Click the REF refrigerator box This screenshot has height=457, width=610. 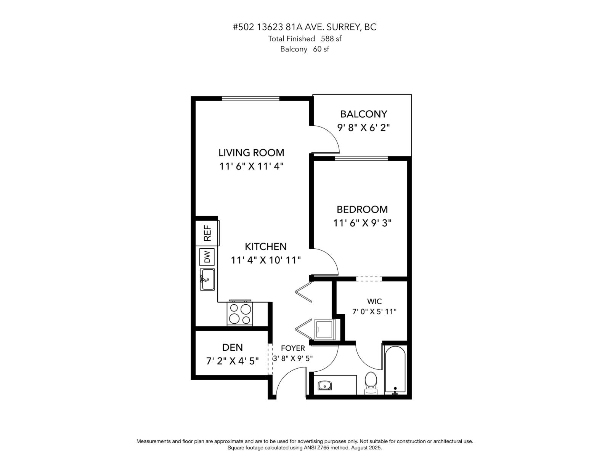207,233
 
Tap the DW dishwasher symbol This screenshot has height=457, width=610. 207,257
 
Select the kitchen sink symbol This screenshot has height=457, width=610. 208,279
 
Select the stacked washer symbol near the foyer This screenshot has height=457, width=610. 325,329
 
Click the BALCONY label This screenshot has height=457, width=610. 363,114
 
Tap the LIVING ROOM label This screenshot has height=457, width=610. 251,153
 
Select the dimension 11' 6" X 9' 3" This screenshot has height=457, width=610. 362,223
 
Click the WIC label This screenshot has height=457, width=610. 374,301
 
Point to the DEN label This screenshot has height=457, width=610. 232,347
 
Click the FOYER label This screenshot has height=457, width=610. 293,348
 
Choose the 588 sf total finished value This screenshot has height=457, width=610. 331,38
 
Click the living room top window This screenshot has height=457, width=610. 250,99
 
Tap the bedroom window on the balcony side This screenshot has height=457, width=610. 361,158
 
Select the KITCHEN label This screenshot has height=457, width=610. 265,246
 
